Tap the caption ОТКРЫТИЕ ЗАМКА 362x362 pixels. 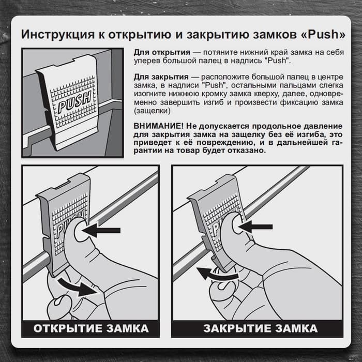[x=91, y=328]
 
